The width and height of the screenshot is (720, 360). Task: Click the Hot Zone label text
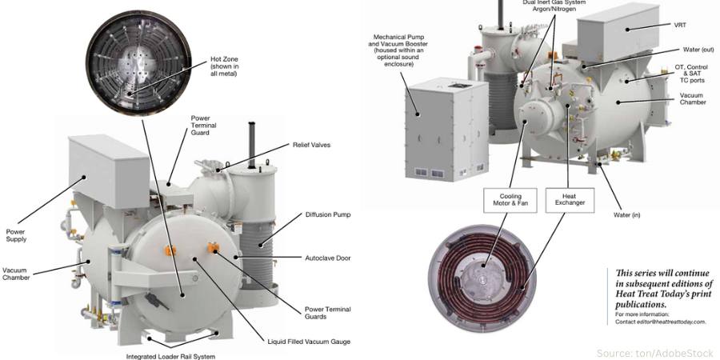[225, 66]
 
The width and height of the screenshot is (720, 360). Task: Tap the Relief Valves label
[311, 145]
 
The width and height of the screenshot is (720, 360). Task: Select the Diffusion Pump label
[328, 215]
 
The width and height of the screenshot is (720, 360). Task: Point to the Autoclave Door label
[328, 258]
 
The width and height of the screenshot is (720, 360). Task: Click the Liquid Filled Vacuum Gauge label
[309, 342]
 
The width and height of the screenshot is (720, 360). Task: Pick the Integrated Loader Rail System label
[170, 356]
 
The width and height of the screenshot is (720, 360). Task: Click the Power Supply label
[16, 235]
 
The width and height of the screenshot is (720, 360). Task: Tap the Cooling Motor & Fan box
[510, 200]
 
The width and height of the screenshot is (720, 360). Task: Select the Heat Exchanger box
[570, 200]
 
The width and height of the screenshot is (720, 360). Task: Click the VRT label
[680, 26]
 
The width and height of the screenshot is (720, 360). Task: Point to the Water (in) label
[626, 215]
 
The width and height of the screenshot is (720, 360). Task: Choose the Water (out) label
[698, 50]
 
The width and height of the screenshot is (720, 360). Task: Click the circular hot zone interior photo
[138, 63]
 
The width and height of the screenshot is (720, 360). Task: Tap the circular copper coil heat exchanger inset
[482, 278]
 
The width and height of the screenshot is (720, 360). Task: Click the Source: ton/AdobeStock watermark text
[657, 353]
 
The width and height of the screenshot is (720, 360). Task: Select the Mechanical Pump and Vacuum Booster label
[398, 50]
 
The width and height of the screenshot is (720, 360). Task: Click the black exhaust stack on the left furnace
[252, 145]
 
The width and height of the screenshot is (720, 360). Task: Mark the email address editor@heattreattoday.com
[666, 322]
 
